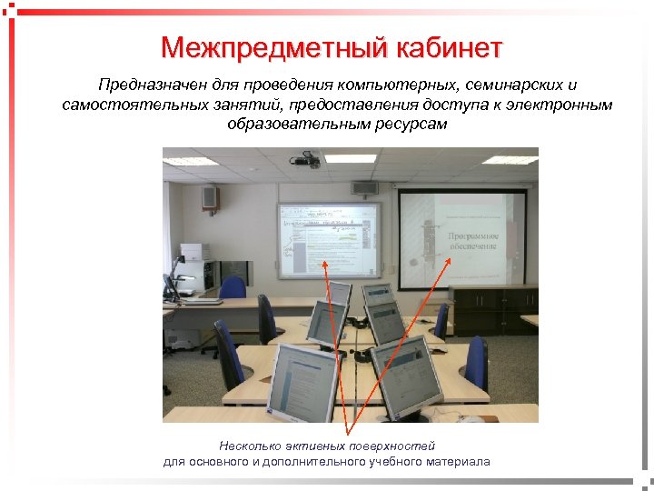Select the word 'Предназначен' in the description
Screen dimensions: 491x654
[x=147, y=85]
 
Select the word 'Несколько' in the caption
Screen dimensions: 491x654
[x=246, y=446]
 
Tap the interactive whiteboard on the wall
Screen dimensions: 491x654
[x=329, y=239]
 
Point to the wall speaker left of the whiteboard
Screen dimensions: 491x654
[x=209, y=196]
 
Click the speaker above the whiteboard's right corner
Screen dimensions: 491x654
[x=364, y=188]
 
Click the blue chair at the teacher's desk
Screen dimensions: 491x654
[x=233, y=288]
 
